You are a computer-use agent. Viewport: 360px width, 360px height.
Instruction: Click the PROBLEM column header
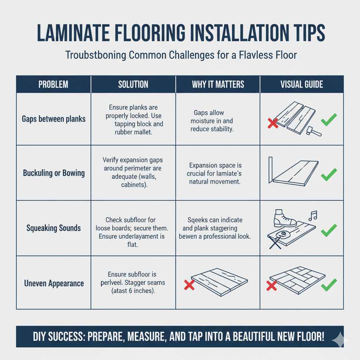[x=53, y=84]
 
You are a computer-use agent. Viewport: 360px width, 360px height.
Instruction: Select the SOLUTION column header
[x=133, y=84]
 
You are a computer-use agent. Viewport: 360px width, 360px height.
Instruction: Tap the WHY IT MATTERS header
[x=218, y=84]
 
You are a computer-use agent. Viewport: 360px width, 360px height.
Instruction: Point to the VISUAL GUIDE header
[x=302, y=84]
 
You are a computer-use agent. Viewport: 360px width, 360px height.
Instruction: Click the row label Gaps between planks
[x=53, y=119]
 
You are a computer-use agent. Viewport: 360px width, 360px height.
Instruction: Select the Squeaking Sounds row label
[x=53, y=228]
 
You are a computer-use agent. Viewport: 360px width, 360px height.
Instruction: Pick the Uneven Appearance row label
[x=54, y=283]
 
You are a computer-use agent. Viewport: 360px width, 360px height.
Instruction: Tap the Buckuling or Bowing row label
[x=54, y=173]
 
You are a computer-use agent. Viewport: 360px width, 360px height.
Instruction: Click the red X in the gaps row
[x=273, y=123]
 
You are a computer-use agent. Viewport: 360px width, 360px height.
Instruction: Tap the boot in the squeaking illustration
[x=285, y=220]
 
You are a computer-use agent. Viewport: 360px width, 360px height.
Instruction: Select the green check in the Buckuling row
[x=329, y=174]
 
